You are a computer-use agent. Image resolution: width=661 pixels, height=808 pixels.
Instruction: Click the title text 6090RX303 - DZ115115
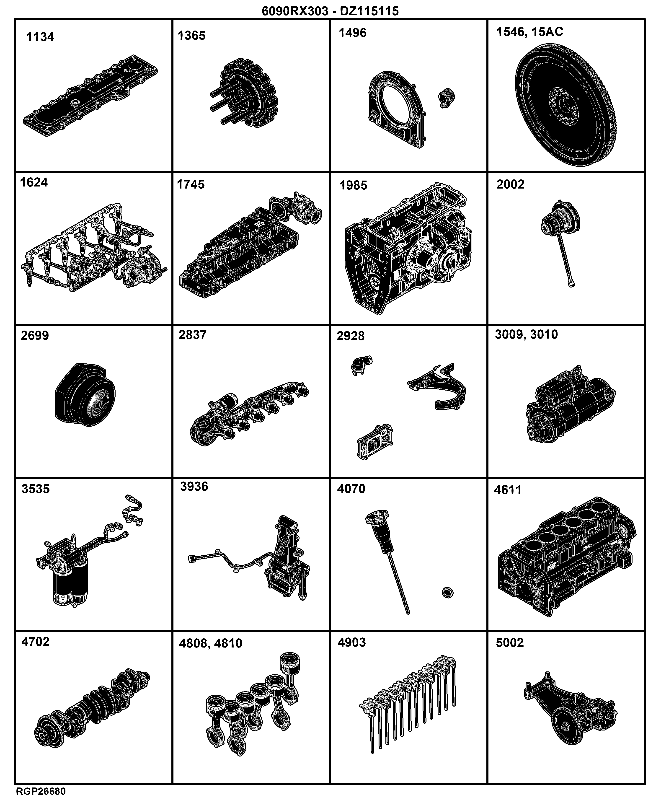330,11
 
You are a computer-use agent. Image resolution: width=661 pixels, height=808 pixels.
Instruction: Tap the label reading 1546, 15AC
530,32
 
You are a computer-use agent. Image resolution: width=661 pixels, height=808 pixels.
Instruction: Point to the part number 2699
35,335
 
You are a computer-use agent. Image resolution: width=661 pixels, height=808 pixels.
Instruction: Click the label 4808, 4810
211,643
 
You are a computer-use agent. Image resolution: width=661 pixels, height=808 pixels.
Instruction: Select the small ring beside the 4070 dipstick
448,593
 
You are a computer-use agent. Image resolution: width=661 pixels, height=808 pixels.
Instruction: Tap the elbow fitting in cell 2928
361,365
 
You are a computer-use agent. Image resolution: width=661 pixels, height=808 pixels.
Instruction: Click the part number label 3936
194,486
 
